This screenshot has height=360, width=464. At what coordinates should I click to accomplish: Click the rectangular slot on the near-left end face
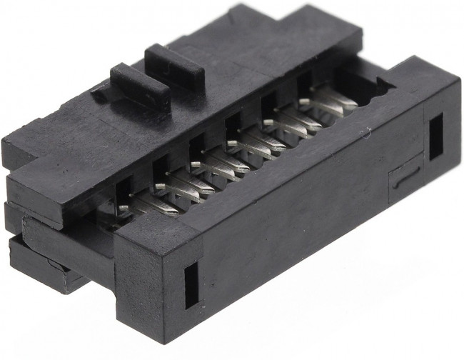point(191,286)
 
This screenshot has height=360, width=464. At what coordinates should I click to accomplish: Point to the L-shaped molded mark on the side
point(405,174)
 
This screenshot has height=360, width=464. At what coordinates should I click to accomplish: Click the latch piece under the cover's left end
point(43,268)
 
